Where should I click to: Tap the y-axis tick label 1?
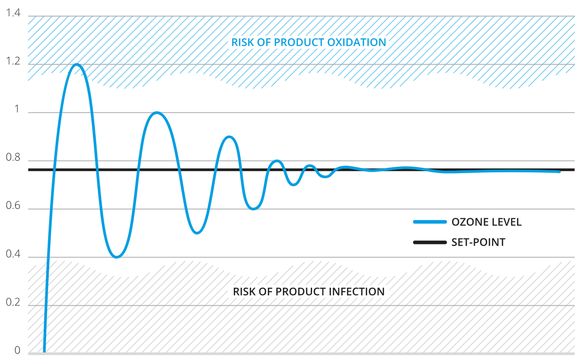[x=18, y=110]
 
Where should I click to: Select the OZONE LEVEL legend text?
[x=486, y=222]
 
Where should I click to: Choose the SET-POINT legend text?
[x=478, y=243]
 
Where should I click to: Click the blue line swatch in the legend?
[x=429, y=222]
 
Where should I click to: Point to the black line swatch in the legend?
[x=429, y=243]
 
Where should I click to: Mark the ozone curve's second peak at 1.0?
[x=157, y=112]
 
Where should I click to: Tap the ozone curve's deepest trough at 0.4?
[x=117, y=257]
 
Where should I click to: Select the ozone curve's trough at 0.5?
[x=197, y=232]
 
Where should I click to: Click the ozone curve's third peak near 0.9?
[x=229, y=137]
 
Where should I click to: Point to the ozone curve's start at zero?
[x=45, y=350]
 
